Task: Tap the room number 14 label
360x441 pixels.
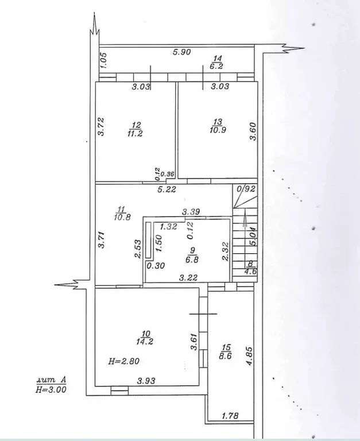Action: pos(218,59)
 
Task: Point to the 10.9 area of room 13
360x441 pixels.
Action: pos(217,130)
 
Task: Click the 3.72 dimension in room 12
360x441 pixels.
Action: pos(101,126)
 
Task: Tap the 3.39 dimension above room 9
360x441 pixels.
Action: pos(191,212)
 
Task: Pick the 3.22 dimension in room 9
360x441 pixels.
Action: pos(189,277)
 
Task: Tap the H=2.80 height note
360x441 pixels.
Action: pos(123,361)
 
